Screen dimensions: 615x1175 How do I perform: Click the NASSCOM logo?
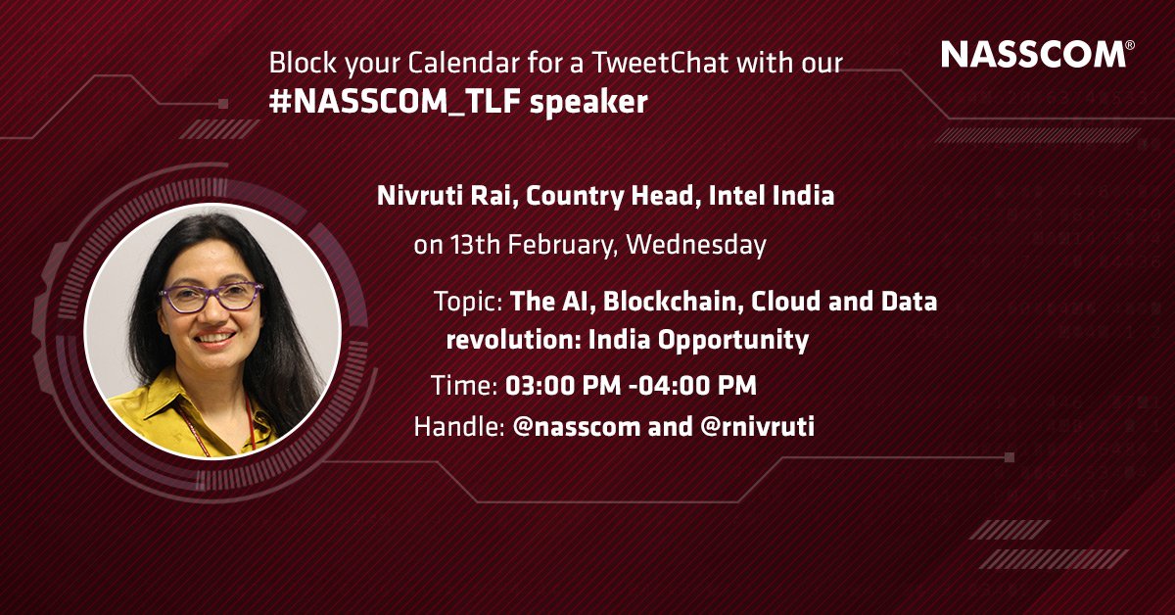pos(1035,55)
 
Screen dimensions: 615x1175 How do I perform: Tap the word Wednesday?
pos(696,245)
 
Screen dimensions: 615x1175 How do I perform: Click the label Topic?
pos(469,301)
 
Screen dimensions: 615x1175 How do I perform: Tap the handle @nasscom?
pos(578,428)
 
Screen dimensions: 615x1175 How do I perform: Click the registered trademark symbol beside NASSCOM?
pos(1130,45)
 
